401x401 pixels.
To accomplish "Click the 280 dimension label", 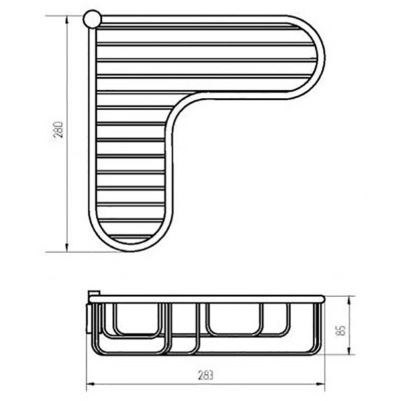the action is pyautogui.click(x=59, y=130).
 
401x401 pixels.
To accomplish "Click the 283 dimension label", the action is pyautogui.click(x=206, y=375).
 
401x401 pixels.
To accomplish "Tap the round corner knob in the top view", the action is pyautogui.click(x=92, y=19).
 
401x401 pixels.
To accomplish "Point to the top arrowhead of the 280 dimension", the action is pyautogui.click(x=67, y=21).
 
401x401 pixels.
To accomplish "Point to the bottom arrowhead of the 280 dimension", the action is pyautogui.click(x=67, y=247).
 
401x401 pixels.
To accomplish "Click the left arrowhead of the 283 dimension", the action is pyautogui.click(x=91, y=383).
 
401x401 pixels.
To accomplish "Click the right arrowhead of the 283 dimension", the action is pyautogui.click(x=320, y=383).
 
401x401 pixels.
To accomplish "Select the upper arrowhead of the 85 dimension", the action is pyautogui.click(x=349, y=300).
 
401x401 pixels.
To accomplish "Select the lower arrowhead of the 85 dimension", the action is pyautogui.click(x=349, y=350).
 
